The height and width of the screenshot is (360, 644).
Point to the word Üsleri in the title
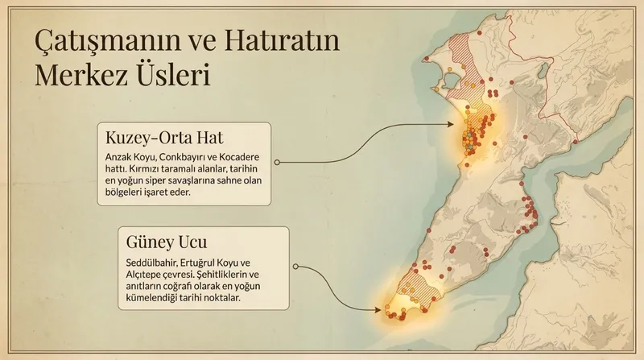(x=175, y=77)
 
